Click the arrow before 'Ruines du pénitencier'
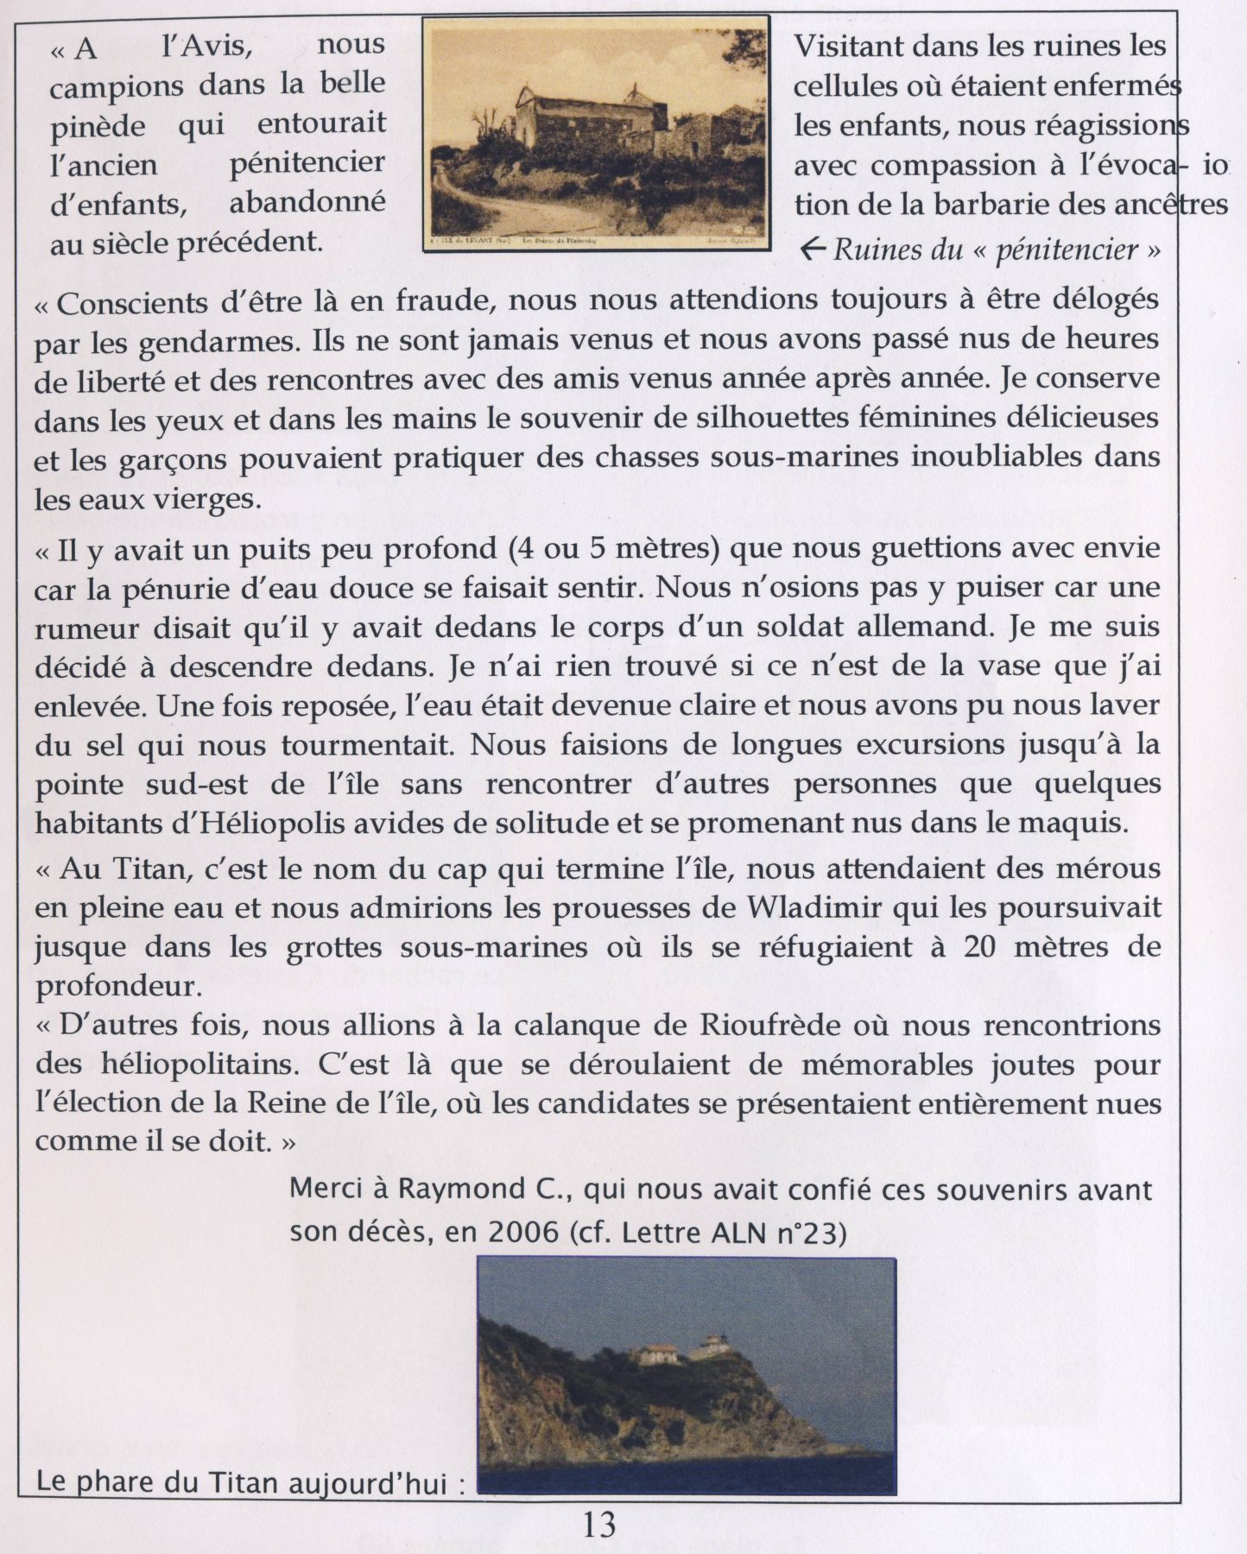[x=813, y=250]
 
